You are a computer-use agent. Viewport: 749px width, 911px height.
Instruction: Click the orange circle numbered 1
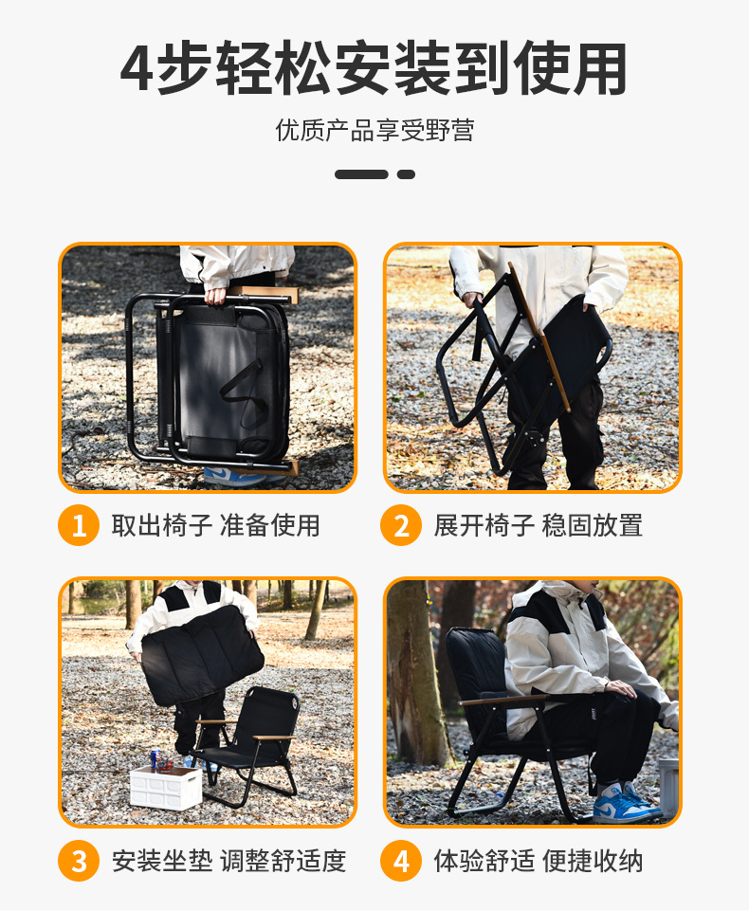click(79, 526)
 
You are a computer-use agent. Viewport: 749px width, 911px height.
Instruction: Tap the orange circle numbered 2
click(401, 526)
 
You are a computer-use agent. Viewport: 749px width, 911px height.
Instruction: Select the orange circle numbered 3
click(79, 861)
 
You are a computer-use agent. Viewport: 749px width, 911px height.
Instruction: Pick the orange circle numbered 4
click(401, 861)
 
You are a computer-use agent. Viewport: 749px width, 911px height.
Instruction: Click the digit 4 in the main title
click(137, 69)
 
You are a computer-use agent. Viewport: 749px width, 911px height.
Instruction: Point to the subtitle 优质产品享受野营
click(374, 130)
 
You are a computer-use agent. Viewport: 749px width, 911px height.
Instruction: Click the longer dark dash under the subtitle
click(361, 174)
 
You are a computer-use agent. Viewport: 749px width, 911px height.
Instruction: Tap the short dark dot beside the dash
click(406, 174)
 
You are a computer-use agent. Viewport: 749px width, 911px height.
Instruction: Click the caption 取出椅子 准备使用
click(216, 525)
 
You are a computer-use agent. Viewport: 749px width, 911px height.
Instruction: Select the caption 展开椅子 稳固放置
click(539, 525)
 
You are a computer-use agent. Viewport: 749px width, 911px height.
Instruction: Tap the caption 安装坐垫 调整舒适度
click(228, 861)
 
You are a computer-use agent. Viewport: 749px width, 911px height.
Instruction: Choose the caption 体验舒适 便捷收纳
click(539, 861)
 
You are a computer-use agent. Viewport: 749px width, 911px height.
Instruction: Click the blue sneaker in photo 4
click(621, 802)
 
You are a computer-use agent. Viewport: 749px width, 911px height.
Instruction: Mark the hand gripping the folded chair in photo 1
click(217, 296)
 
